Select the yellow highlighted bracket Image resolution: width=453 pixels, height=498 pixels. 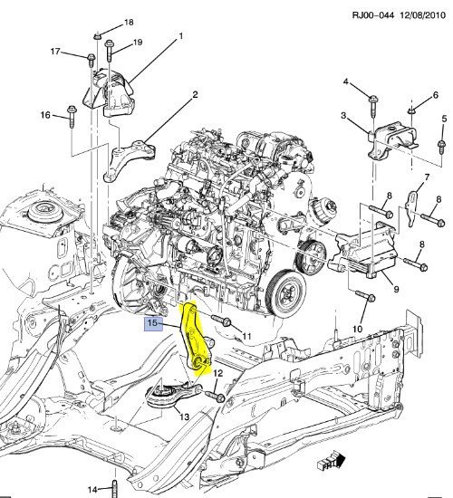click(x=196, y=340)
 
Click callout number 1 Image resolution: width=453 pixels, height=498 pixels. click(x=180, y=35)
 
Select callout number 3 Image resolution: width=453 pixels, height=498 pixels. click(x=343, y=116)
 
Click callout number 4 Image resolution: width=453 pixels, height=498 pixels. click(x=345, y=82)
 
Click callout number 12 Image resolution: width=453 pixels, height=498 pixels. click(x=217, y=372)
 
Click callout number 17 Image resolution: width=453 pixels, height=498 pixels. click(x=54, y=52)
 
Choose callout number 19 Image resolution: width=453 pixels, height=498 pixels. click(x=138, y=43)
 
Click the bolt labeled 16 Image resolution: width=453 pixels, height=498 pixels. click(x=70, y=115)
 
